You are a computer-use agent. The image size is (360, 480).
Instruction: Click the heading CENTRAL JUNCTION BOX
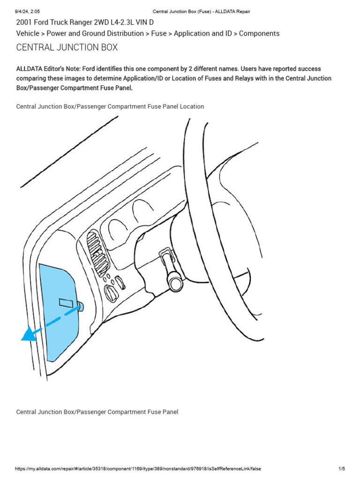67,47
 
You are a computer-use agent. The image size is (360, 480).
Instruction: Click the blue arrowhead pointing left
29,334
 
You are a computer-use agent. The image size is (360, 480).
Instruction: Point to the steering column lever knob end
176,283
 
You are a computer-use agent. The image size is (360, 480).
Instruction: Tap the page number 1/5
341,469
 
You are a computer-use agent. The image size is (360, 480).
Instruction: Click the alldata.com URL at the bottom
138,469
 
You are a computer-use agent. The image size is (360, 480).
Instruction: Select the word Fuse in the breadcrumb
158,34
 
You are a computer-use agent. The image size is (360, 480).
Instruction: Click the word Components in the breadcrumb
259,34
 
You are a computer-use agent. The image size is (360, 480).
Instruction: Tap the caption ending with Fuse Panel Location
110,106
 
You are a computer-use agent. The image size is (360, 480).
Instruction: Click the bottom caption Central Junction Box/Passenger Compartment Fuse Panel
97,412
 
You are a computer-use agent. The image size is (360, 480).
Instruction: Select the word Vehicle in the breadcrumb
28,34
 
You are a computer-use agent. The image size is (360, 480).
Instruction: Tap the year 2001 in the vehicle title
24,22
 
